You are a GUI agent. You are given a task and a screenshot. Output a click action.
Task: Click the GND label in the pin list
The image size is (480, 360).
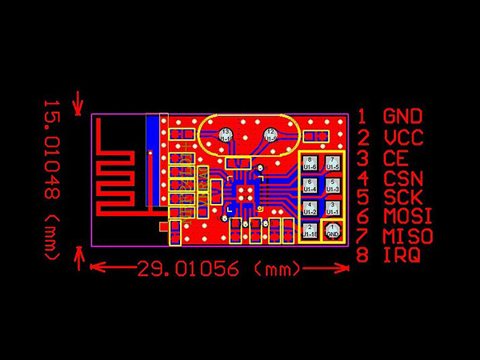click(x=403, y=117)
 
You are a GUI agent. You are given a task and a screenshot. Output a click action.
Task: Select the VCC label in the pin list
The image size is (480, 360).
click(x=403, y=137)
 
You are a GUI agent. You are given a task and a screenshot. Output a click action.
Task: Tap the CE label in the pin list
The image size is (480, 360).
click(x=396, y=158)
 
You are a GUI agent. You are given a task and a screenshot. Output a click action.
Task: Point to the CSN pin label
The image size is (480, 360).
click(x=403, y=178)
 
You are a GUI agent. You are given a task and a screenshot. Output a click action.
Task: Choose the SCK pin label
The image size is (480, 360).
click(x=403, y=197)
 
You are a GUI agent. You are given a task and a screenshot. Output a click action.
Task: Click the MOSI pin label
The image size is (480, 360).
click(x=408, y=216)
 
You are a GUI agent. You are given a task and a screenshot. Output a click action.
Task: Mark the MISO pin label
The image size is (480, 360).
click(x=408, y=236)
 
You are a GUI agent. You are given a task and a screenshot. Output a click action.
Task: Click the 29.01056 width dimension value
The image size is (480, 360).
click(x=189, y=268)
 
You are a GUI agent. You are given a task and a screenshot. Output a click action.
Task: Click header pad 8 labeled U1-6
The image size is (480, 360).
click(x=310, y=163)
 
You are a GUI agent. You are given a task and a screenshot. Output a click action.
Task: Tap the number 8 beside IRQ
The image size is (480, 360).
click(x=363, y=255)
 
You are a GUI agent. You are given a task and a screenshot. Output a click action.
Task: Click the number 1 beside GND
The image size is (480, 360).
click(x=363, y=117)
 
